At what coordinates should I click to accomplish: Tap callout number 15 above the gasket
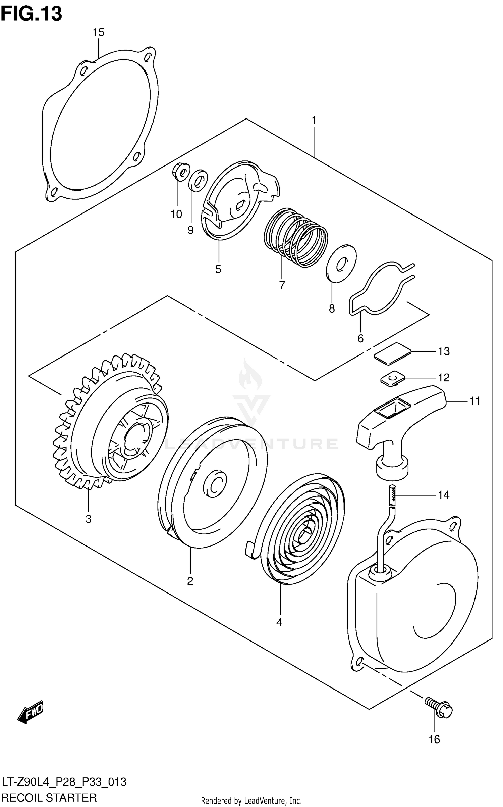click(x=98, y=32)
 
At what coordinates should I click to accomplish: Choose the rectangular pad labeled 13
click(x=392, y=353)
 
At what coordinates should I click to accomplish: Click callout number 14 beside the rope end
click(x=443, y=495)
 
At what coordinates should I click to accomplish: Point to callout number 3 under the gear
click(x=88, y=519)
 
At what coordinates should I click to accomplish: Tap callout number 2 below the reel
click(x=190, y=581)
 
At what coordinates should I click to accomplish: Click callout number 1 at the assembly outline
click(x=314, y=121)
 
